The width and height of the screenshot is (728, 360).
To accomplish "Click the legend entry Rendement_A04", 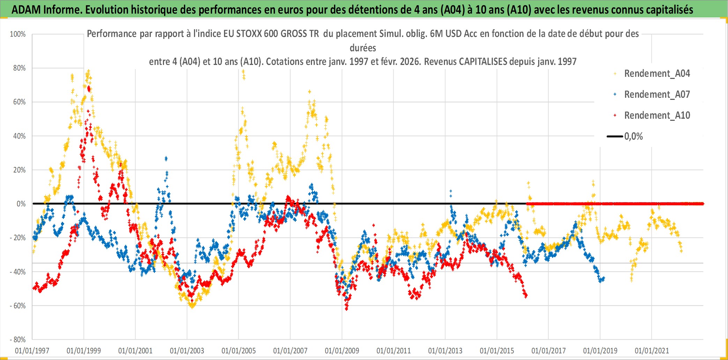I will click(x=656, y=74).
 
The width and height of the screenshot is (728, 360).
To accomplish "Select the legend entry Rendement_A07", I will click(x=656, y=95).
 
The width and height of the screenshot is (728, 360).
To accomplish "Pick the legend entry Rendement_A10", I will click(x=656, y=116).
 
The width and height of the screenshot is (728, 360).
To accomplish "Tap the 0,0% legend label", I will click(x=633, y=137).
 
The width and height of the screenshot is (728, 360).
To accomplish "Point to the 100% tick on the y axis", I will click(x=18, y=34).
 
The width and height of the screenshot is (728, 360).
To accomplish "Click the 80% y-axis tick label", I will click(x=19, y=68).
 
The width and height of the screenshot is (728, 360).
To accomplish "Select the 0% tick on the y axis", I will click(x=21, y=204).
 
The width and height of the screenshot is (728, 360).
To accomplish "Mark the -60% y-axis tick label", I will click(x=18, y=306).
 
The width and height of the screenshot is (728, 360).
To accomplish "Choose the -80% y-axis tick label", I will click(x=18, y=340).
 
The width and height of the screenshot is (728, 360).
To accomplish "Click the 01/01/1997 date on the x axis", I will click(x=32, y=351).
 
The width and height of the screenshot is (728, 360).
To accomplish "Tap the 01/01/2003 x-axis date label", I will click(x=187, y=351).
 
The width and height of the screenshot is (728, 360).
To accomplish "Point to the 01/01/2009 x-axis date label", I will click(x=342, y=351).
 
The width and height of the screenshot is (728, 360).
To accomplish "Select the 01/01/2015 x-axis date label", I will click(x=497, y=351).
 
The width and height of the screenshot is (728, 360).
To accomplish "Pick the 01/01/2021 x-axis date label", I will click(x=652, y=351).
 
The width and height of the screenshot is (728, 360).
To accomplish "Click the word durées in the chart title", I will click(x=363, y=48).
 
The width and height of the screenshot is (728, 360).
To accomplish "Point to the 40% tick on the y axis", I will click(x=19, y=136).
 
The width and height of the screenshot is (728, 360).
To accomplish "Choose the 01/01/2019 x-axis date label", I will click(x=600, y=351).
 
